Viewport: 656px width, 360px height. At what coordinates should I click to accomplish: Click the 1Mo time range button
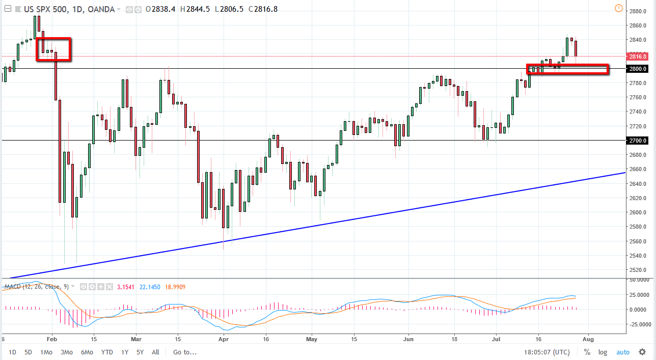(46, 352)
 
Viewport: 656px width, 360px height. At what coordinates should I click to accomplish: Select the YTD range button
(107, 352)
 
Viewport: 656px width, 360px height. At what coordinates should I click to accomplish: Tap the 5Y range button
(141, 352)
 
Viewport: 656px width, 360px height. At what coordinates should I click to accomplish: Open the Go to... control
(184, 352)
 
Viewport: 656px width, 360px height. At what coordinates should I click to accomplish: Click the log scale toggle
(603, 352)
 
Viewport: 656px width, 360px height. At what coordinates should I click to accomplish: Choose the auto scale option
(622, 352)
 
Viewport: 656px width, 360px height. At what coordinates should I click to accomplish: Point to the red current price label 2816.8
(638, 57)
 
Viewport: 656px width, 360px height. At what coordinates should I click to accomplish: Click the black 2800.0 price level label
(638, 69)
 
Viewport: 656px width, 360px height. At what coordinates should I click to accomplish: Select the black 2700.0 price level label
(638, 141)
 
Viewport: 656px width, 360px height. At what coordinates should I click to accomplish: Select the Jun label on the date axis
(408, 338)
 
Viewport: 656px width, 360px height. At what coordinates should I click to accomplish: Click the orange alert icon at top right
(619, 8)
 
